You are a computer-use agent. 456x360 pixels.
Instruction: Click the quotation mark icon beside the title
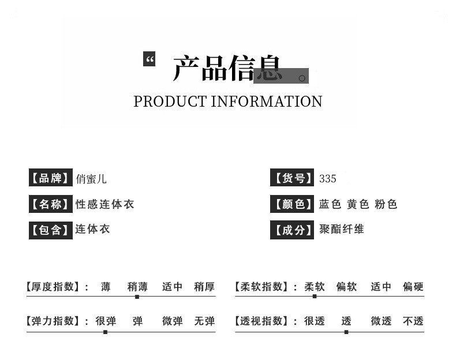click(149, 59)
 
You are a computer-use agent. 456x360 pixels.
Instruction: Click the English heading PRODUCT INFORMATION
click(227, 102)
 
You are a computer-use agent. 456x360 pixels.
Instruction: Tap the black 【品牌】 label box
click(51, 177)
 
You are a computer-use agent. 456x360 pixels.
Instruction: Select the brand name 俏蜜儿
click(91, 179)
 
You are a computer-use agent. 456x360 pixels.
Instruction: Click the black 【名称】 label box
click(51, 204)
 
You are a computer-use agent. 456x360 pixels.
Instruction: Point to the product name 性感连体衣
click(104, 204)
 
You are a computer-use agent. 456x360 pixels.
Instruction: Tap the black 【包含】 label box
click(51, 230)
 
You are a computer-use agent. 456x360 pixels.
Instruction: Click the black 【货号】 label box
click(292, 177)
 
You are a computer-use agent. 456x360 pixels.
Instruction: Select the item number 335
click(328, 178)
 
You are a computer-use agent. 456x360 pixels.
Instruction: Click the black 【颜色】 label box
click(292, 204)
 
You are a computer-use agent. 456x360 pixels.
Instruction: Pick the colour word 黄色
click(358, 204)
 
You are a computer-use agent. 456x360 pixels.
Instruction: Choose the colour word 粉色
click(386, 204)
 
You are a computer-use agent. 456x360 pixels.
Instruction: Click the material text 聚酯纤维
click(342, 229)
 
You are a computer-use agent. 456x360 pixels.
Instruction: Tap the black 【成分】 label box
click(292, 230)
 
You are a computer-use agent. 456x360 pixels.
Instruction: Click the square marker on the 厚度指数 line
click(137, 297)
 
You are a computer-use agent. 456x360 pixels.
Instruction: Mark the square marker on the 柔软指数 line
click(315, 297)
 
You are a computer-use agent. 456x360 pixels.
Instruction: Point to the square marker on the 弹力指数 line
click(105, 332)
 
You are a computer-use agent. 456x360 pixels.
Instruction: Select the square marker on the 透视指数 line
click(346, 332)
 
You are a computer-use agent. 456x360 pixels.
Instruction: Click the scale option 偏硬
click(413, 287)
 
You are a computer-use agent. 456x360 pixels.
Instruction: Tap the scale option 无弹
click(204, 321)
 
